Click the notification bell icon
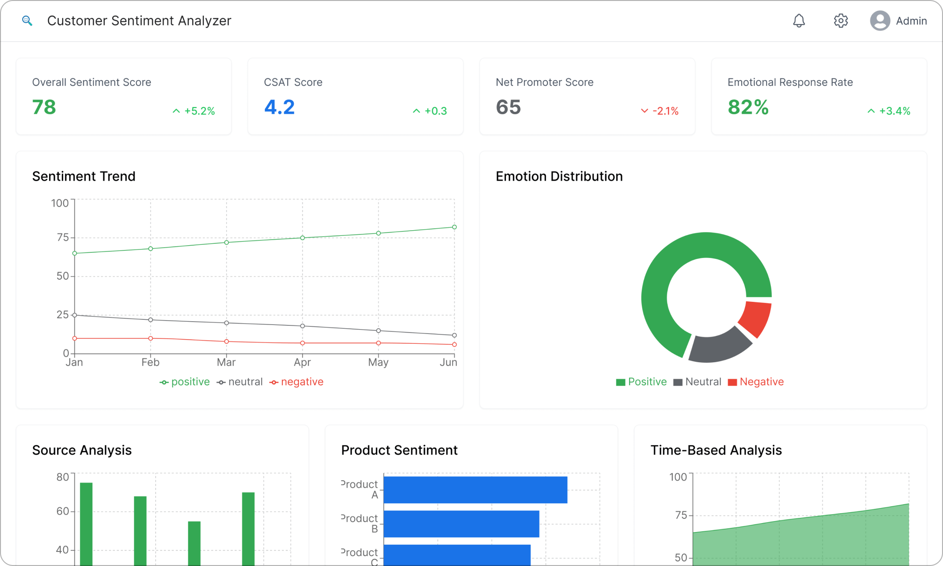(x=799, y=21)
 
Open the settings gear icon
(x=841, y=21)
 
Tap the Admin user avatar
(x=880, y=21)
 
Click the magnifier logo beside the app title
(x=27, y=21)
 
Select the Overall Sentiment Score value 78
(x=44, y=108)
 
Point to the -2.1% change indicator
(x=660, y=111)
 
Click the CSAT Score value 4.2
(x=279, y=108)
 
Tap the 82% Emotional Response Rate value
(x=748, y=108)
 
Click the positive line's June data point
(x=455, y=227)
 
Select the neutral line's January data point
(x=74, y=315)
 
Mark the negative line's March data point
(x=226, y=341)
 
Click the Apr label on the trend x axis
(x=302, y=362)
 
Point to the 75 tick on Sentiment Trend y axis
(x=62, y=238)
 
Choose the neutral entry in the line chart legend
(x=240, y=382)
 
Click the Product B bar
(x=461, y=524)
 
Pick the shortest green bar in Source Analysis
(x=194, y=542)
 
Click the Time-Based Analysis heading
(x=716, y=450)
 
